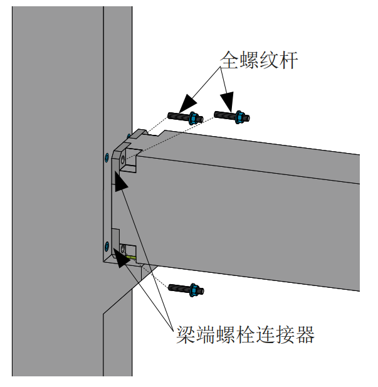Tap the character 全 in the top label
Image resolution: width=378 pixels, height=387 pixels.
229,60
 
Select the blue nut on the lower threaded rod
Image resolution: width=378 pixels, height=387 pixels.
194,290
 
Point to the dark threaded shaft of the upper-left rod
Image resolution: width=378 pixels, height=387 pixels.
179,116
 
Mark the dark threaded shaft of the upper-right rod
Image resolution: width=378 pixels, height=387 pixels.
223,115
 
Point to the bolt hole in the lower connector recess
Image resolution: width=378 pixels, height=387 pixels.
123,249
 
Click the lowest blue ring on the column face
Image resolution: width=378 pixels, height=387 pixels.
106,245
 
